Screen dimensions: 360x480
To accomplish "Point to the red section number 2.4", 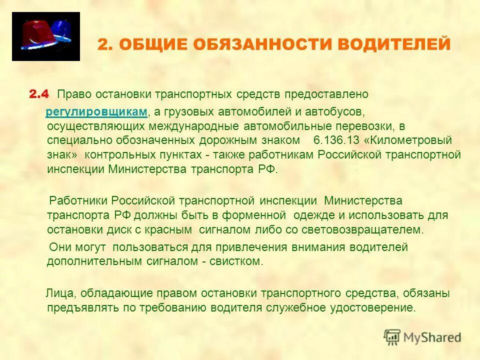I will [x=38, y=94].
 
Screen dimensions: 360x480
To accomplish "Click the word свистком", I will [x=242, y=261].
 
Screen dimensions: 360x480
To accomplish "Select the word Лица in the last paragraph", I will [x=58, y=292].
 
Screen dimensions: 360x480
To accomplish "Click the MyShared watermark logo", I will [x=422, y=337].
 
